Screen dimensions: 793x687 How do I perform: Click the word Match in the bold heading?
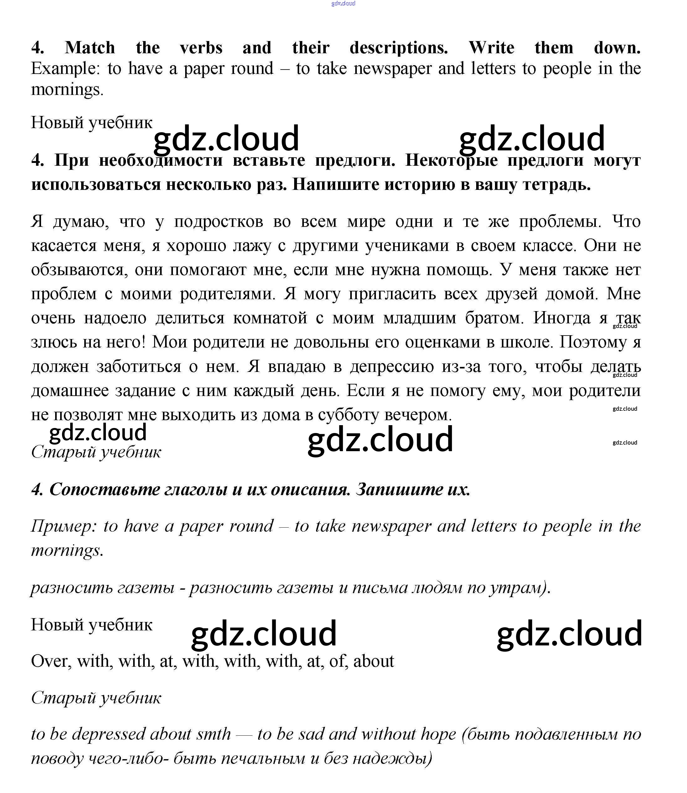[90, 48]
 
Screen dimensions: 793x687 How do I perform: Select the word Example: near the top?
[65, 69]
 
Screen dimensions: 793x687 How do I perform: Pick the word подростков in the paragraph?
[219, 222]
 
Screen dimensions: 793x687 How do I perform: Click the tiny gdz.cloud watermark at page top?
[343, 3]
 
